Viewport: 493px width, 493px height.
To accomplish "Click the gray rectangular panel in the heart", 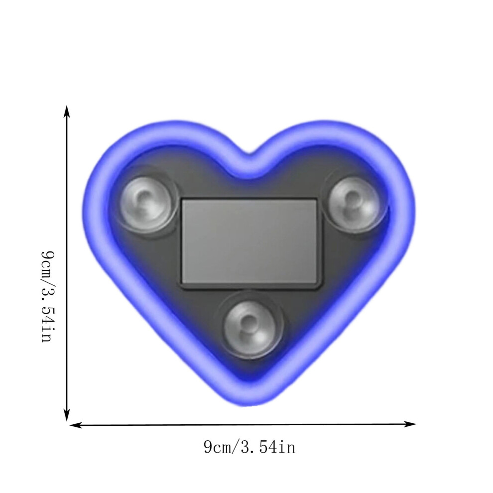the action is point(249,243).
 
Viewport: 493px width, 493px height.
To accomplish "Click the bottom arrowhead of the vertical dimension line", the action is point(67,414).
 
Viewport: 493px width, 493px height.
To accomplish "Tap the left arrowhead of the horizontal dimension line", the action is point(76,425).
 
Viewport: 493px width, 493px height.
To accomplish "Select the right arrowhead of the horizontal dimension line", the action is point(410,424).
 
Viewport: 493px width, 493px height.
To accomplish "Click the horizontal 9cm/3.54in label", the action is point(249,447).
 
